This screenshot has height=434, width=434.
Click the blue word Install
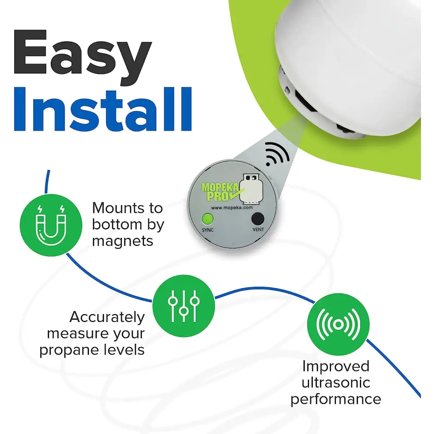(103, 109)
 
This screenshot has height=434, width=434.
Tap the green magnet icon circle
(51, 225)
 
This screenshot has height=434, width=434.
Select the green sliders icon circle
(184, 306)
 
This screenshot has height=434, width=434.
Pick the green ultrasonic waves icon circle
(338, 324)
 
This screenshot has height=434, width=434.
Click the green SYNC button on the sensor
(207, 219)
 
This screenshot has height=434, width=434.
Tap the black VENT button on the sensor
(258, 219)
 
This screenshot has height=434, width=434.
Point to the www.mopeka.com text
(232, 207)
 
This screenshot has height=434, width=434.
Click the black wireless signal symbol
(277, 154)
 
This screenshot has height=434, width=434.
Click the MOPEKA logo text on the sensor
(220, 187)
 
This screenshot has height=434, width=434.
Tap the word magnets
(123, 241)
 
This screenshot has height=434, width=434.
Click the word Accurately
(107, 317)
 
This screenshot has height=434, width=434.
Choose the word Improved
(336, 367)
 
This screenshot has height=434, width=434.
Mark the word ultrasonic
(336, 383)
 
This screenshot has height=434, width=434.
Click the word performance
(336, 399)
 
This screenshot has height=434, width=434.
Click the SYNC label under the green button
(207, 230)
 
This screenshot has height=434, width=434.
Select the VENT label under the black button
(258, 230)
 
